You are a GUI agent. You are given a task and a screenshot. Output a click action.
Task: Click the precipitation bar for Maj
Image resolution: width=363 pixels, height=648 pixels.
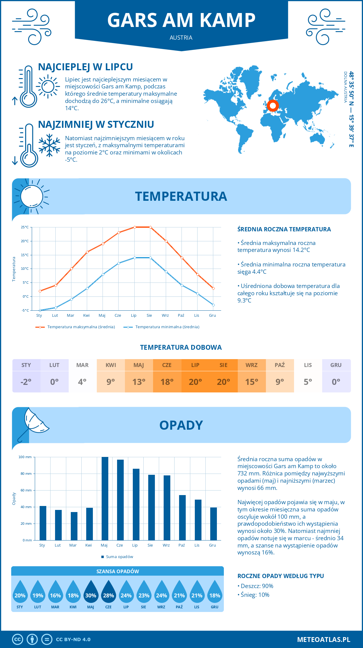[105, 498]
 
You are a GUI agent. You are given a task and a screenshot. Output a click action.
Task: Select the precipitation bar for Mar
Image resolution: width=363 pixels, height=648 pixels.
[74, 526]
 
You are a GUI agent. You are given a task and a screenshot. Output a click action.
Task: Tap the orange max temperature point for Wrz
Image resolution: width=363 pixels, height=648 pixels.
[166, 241]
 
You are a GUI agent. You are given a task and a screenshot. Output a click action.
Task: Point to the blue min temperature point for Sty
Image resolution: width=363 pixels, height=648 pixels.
[40, 310]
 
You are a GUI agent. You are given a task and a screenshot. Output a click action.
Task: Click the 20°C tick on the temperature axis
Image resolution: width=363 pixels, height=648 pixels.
[25, 241]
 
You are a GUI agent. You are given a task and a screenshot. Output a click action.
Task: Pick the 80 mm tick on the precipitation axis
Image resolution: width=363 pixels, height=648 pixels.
[26, 474]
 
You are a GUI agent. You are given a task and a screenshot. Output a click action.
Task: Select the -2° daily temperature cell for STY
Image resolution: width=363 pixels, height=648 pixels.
[26, 382]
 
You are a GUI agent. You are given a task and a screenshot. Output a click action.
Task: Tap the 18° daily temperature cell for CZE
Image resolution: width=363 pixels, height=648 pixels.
[167, 382]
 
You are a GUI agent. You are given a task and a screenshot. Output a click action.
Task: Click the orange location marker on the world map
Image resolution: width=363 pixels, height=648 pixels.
[273, 105]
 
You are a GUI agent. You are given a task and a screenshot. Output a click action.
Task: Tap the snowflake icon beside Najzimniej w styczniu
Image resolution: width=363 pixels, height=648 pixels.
[49, 146]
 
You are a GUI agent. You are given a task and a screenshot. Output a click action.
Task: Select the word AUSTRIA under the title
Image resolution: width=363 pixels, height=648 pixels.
[181, 38]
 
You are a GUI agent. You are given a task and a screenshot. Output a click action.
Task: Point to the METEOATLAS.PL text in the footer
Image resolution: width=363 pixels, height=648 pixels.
[324, 640]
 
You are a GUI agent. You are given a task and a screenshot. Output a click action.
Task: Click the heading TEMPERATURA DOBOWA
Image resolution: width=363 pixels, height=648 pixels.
[181, 347]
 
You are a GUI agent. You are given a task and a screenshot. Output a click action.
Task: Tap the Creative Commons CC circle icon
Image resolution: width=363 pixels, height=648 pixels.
[18, 640]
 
